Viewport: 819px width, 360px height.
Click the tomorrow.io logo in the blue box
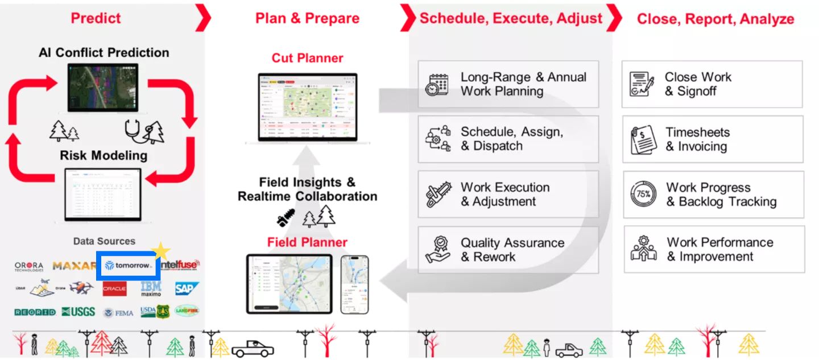tap(129, 266)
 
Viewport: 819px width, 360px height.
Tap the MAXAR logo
tap(74, 266)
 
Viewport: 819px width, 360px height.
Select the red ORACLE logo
tap(114, 289)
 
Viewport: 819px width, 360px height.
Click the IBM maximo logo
tap(151, 288)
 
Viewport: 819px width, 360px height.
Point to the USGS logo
tap(78, 312)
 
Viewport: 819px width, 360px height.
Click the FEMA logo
tap(119, 312)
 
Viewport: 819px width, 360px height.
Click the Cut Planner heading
tap(307, 58)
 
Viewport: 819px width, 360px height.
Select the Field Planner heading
tap(307, 242)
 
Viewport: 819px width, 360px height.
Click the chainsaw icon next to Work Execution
tap(438, 195)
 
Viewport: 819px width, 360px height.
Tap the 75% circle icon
tap(643, 195)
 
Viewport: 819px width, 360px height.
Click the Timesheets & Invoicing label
tap(697, 139)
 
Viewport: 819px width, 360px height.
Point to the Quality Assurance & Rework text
tap(512, 250)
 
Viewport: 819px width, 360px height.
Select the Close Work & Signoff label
tap(698, 84)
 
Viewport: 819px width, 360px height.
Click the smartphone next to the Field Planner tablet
tap(354, 284)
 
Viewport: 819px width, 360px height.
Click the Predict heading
tap(96, 18)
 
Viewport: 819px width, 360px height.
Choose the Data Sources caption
tap(104, 241)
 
